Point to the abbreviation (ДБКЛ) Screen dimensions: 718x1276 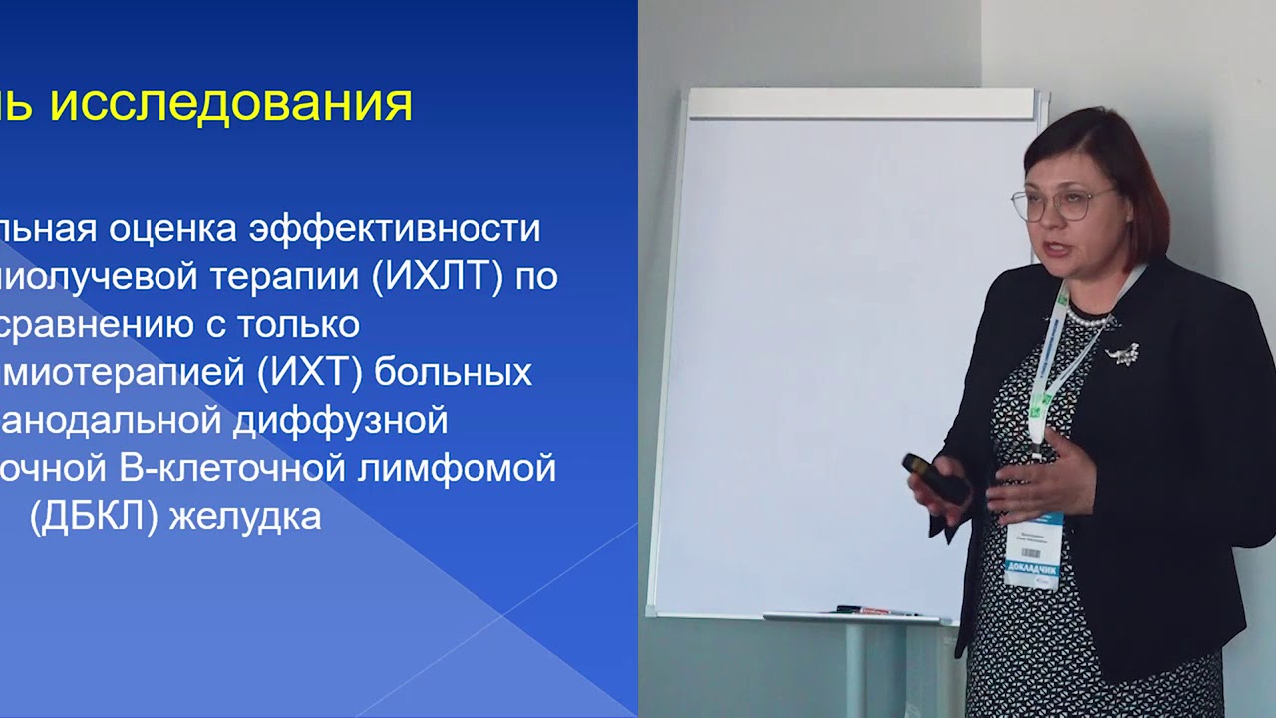click(95, 517)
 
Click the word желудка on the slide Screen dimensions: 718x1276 click(245, 517)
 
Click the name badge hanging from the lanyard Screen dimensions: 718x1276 click(1033, 548)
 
